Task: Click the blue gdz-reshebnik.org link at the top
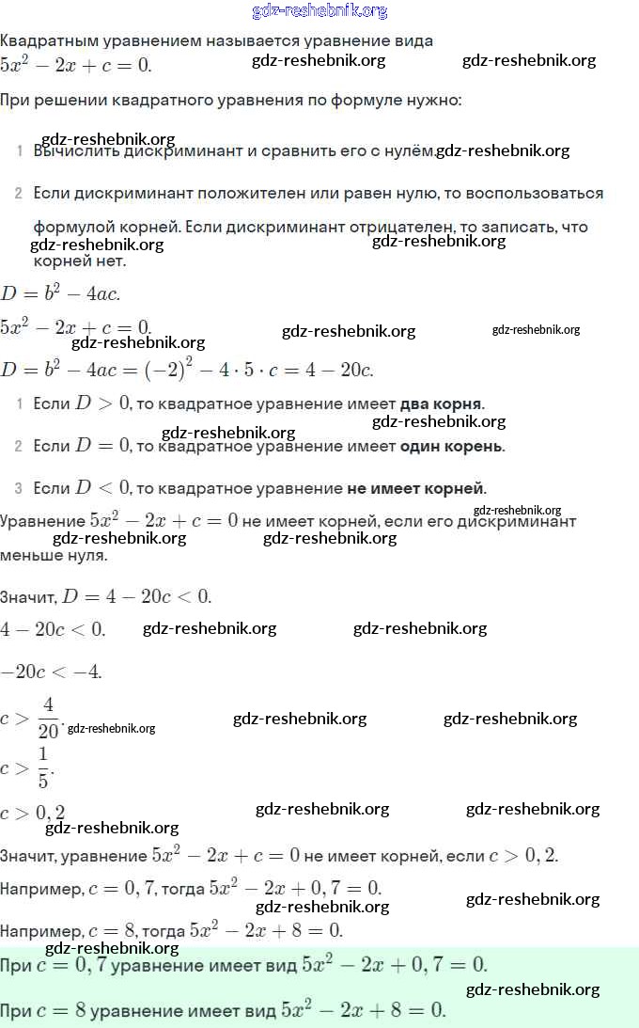319,11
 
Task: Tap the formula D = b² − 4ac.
60,293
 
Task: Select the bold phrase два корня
441,403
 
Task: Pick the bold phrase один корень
451,446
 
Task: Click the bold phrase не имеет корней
416,488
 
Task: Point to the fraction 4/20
48,718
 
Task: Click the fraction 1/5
43,767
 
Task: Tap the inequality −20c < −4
51,672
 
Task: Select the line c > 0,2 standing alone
33,813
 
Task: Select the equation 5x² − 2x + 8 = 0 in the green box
363,1011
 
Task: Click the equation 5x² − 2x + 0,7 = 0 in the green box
394,965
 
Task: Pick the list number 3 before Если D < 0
18,488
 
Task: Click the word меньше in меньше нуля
29,555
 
